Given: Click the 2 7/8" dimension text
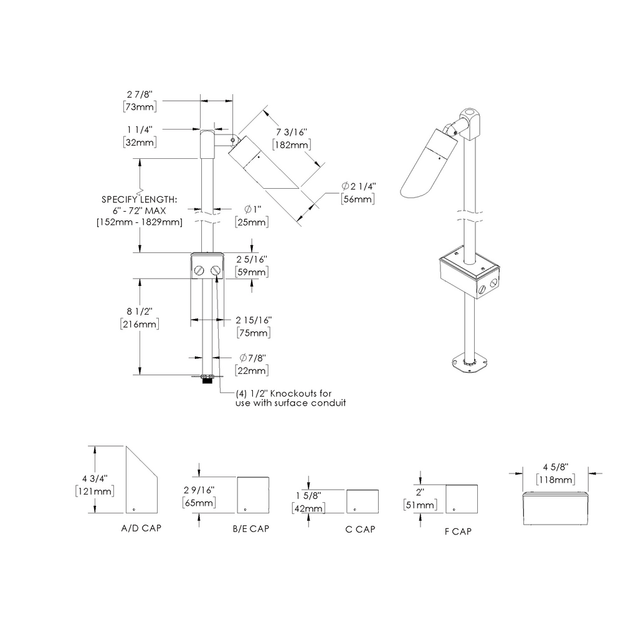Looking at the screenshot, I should (x=139, y=94).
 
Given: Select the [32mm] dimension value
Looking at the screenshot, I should (x=139, y=142).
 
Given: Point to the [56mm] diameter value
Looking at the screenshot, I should (x=358, y=199).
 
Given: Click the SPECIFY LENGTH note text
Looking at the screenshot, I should (x=140, y=200).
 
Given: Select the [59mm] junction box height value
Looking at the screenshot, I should (x=252, y=272).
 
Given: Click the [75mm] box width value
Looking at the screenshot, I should (x=254, y=333).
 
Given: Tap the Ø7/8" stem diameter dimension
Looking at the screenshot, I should (x=252, y=358).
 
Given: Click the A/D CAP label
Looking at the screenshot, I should (x=141, y=528).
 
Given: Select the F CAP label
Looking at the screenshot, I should (x=460, y=532).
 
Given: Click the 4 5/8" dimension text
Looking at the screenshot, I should (x=556, y=467).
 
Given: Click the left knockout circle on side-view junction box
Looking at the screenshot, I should (x=199, y=270).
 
